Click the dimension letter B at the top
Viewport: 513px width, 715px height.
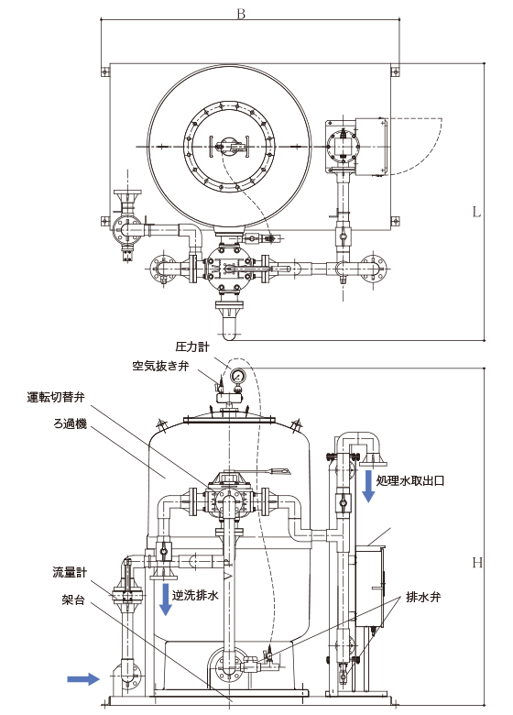click(x=241, y=14)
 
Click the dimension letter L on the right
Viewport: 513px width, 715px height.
click(x=476, y=213)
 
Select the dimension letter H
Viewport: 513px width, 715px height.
click(x=477, y=563)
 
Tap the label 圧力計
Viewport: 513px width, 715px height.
click(x=192, y=347)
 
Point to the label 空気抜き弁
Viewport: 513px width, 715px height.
click(x=161, y=366)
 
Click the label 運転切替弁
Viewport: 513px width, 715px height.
click(x=56, y=397)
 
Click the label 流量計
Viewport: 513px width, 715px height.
click(x=70, y=573)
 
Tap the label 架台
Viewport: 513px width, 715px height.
click(x=73, y=599)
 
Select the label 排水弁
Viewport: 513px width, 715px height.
click(x=424, y=597)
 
